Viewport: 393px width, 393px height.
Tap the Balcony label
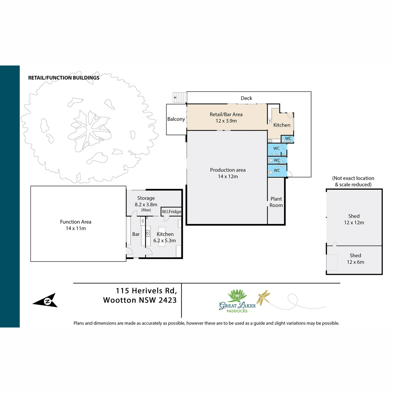tap(176, 119)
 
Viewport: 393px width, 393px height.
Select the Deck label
tap(246, 98)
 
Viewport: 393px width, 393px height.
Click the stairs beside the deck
tap(180, 98)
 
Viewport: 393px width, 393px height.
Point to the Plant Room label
tap(276, 202)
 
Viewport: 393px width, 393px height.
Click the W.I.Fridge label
tap(172, 212)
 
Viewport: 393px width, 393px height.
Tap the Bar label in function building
tap(136, 234)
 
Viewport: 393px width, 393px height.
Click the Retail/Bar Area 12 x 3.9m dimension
tap(226, 121)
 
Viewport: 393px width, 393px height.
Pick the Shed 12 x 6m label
tap(355, 259)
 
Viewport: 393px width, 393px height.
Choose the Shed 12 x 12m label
tap(354, 219)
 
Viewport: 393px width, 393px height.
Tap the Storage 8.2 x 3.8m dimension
tap(146, 204)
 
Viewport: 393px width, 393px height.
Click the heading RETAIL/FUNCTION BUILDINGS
tap(64, 78)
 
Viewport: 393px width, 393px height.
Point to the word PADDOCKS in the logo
tap(237, 311)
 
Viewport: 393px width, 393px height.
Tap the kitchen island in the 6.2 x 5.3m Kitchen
tap(162, 236)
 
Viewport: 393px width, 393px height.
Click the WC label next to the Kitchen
tap(288, 138)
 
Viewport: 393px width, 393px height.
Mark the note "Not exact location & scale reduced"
tap(353, 181)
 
